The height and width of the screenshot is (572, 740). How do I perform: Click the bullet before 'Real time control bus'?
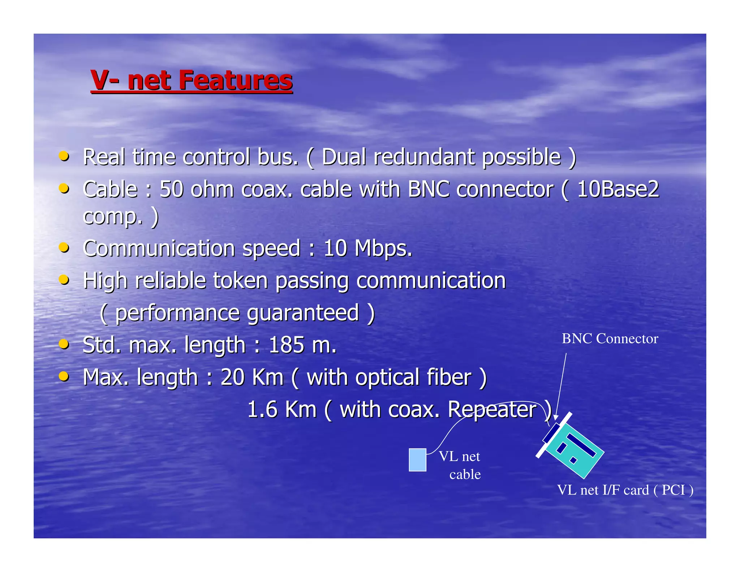[x=64, y=156]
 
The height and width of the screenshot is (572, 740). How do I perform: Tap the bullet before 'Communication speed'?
[x=64, y=248]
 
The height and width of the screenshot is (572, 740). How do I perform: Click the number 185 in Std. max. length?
[x=287, y=345]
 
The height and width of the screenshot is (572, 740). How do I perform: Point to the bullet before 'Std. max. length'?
[x=64, y=344]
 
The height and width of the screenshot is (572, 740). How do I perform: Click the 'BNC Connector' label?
[x=610, y=339]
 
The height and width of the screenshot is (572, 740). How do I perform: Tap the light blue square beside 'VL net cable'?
[x=417, y=460]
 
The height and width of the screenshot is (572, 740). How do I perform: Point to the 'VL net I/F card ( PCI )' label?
[x=625, y=490]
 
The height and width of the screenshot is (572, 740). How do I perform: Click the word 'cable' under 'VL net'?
[x=465, y=474]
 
